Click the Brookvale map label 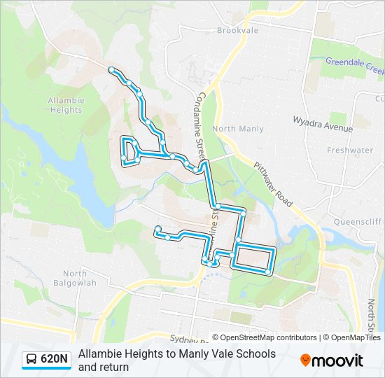237,31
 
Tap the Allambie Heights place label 65,105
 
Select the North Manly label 238,129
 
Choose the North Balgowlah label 74,278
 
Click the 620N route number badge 55,360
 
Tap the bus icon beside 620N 32,360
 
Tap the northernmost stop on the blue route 111,69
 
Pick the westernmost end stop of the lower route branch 158,228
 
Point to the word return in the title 113,367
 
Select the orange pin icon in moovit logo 305,360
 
